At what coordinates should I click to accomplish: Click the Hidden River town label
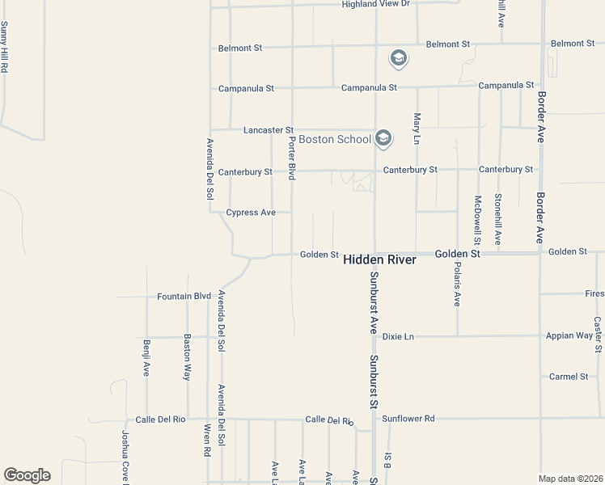pyautogui.click(x=379, y=259)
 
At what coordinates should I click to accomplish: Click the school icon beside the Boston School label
pyautogui.click(x=383, y=139)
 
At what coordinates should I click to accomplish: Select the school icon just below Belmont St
pyautogui.click(x=398, y=58)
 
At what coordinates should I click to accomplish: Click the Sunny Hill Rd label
pyautogui.click(x=4, y=48)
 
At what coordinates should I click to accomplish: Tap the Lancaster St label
pyautogui.click(x=269, y=129)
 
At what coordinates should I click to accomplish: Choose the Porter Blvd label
pyautogui.click(x=292, y=158)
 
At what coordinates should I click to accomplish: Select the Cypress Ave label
pyautogui.click(x=251, y=213)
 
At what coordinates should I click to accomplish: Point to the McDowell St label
pyautogui.click(x=478, y=219)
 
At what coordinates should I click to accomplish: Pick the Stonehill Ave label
pyautogui.click(x=498, y=219)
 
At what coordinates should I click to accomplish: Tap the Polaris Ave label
pyautogui.click(x=457, y=284)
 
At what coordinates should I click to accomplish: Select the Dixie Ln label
pyautogui.click(x=398, y=336)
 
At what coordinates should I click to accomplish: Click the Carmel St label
pyautogui.click(x=569, y=377)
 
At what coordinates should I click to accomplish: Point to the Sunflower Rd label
pyautogui.click(x=408, y=419)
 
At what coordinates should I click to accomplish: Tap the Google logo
pyautogui.click(x=27, y=475)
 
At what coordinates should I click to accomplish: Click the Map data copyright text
pyautogui.click(x=570, y=479)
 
